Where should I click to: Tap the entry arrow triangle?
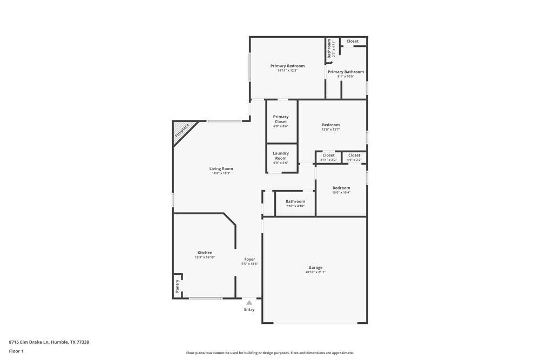click(249, 303)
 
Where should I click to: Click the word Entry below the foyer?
click(249, 309)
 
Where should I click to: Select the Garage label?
click(315, 268)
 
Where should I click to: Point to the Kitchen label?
click(205, 253)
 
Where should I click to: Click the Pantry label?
click(177, 286)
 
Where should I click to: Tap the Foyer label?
click(249, 259)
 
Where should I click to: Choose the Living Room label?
click(221, 169)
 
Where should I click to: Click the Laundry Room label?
click(281, 155)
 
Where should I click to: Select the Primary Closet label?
click(281, 119)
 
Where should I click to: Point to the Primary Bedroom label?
click(287, 66)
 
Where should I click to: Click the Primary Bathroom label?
click(346, 72)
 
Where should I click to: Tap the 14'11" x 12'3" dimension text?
click(287, 71)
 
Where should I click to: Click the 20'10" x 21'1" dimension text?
click(315, 273)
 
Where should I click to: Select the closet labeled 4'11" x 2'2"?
click(328, 157)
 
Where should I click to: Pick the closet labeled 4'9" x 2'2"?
click(354, 157)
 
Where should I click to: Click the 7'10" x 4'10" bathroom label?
click(295, 203)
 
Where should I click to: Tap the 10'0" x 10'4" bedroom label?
click(341, 190)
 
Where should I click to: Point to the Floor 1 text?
click(16, 351)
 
